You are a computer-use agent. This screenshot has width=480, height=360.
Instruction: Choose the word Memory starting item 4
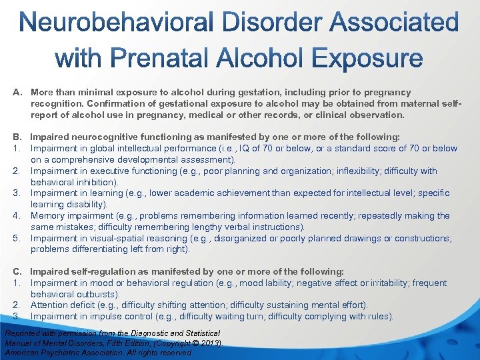pos(47,215)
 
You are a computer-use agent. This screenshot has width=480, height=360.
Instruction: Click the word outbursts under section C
pos(99,294)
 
